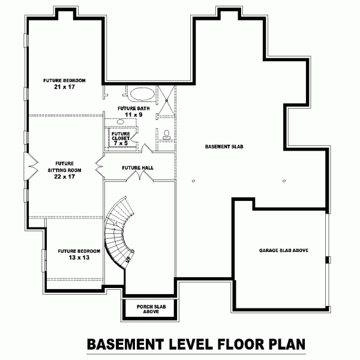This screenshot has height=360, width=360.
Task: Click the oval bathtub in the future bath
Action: (142, 94)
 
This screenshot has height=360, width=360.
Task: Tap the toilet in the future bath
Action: (166, 134)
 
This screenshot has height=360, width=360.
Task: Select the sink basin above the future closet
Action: (121, 122)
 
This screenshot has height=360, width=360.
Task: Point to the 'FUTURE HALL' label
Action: (138, 168)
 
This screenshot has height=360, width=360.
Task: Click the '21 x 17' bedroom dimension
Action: (64, 87)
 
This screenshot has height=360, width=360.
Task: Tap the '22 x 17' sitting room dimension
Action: (64, 176)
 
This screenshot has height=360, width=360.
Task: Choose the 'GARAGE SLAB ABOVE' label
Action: (283, 250)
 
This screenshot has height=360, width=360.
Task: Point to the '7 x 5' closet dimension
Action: (122, 143)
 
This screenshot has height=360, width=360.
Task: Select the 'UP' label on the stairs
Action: (128, 259)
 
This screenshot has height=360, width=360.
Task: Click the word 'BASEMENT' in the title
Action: (126, 345)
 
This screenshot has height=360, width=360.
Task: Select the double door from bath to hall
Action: (146, 148)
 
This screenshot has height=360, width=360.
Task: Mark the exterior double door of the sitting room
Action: (26, 164)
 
